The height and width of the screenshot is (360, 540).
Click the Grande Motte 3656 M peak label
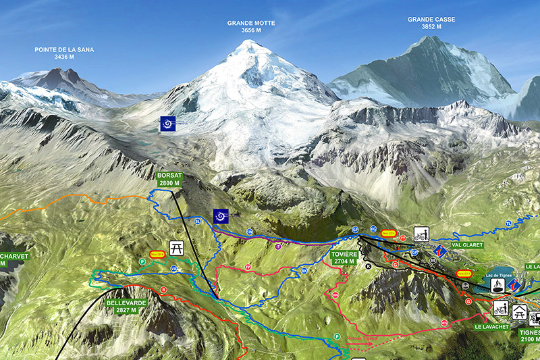point(251,26)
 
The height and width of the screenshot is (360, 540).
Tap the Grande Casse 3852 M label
point(424,23)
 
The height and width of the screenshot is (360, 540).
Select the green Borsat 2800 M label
point(169,179)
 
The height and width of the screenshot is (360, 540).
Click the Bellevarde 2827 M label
point(126,307)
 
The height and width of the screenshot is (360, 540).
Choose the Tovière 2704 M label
point(344,257)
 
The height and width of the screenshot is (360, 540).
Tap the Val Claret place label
point(467,245)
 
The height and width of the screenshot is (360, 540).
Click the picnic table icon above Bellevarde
point(177,249)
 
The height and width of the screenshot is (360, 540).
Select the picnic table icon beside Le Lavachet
point(520,311)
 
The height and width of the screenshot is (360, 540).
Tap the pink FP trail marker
point(248,267)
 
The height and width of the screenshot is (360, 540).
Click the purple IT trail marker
point(277,247)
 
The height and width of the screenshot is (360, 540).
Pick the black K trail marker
point(369,266)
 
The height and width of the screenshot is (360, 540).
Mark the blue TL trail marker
point(508,223)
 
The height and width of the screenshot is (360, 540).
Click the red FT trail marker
point(403,238)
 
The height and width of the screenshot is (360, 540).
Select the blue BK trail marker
point(304,271)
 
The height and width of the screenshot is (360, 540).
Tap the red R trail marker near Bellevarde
point(163,290)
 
